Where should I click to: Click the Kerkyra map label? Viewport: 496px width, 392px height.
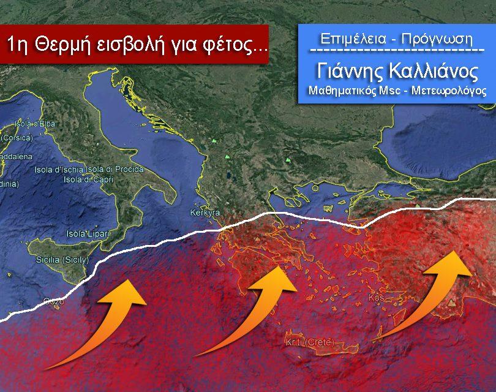point(205,213)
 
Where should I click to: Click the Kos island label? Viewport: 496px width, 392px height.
point(375,298)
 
